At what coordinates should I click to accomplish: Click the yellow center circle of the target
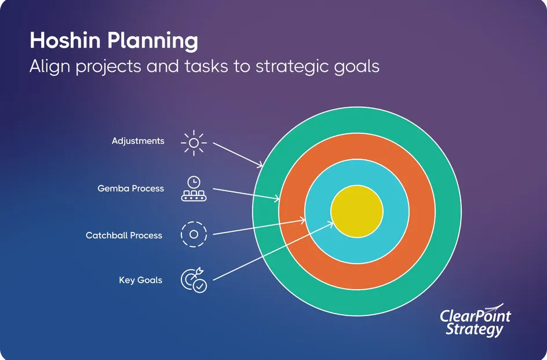(x=357, y=211)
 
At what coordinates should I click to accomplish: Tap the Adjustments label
(x=138, y=141)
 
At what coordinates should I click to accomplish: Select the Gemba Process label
(x=130, y=188)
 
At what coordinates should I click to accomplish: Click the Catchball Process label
(x=124, y=235)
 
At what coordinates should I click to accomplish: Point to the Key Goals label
(x=141, y=280)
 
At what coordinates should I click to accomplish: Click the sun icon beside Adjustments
(x=194, y=143)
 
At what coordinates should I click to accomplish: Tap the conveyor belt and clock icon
(x=194, y=188)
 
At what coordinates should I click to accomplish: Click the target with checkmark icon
(x=194, y=280)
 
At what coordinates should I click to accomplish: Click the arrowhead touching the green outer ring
(x=260, y=165)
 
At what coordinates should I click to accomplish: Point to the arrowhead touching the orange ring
(x=276, y=199)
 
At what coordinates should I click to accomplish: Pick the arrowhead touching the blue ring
(x=302, y=220)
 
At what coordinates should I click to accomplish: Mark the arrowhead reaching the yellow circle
(x=330, y=224)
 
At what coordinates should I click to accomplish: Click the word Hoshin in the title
(x=65, y=40)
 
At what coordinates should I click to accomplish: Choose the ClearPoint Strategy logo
(x=475, y=321)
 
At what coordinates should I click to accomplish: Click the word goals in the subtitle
(x=356, y=66)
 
